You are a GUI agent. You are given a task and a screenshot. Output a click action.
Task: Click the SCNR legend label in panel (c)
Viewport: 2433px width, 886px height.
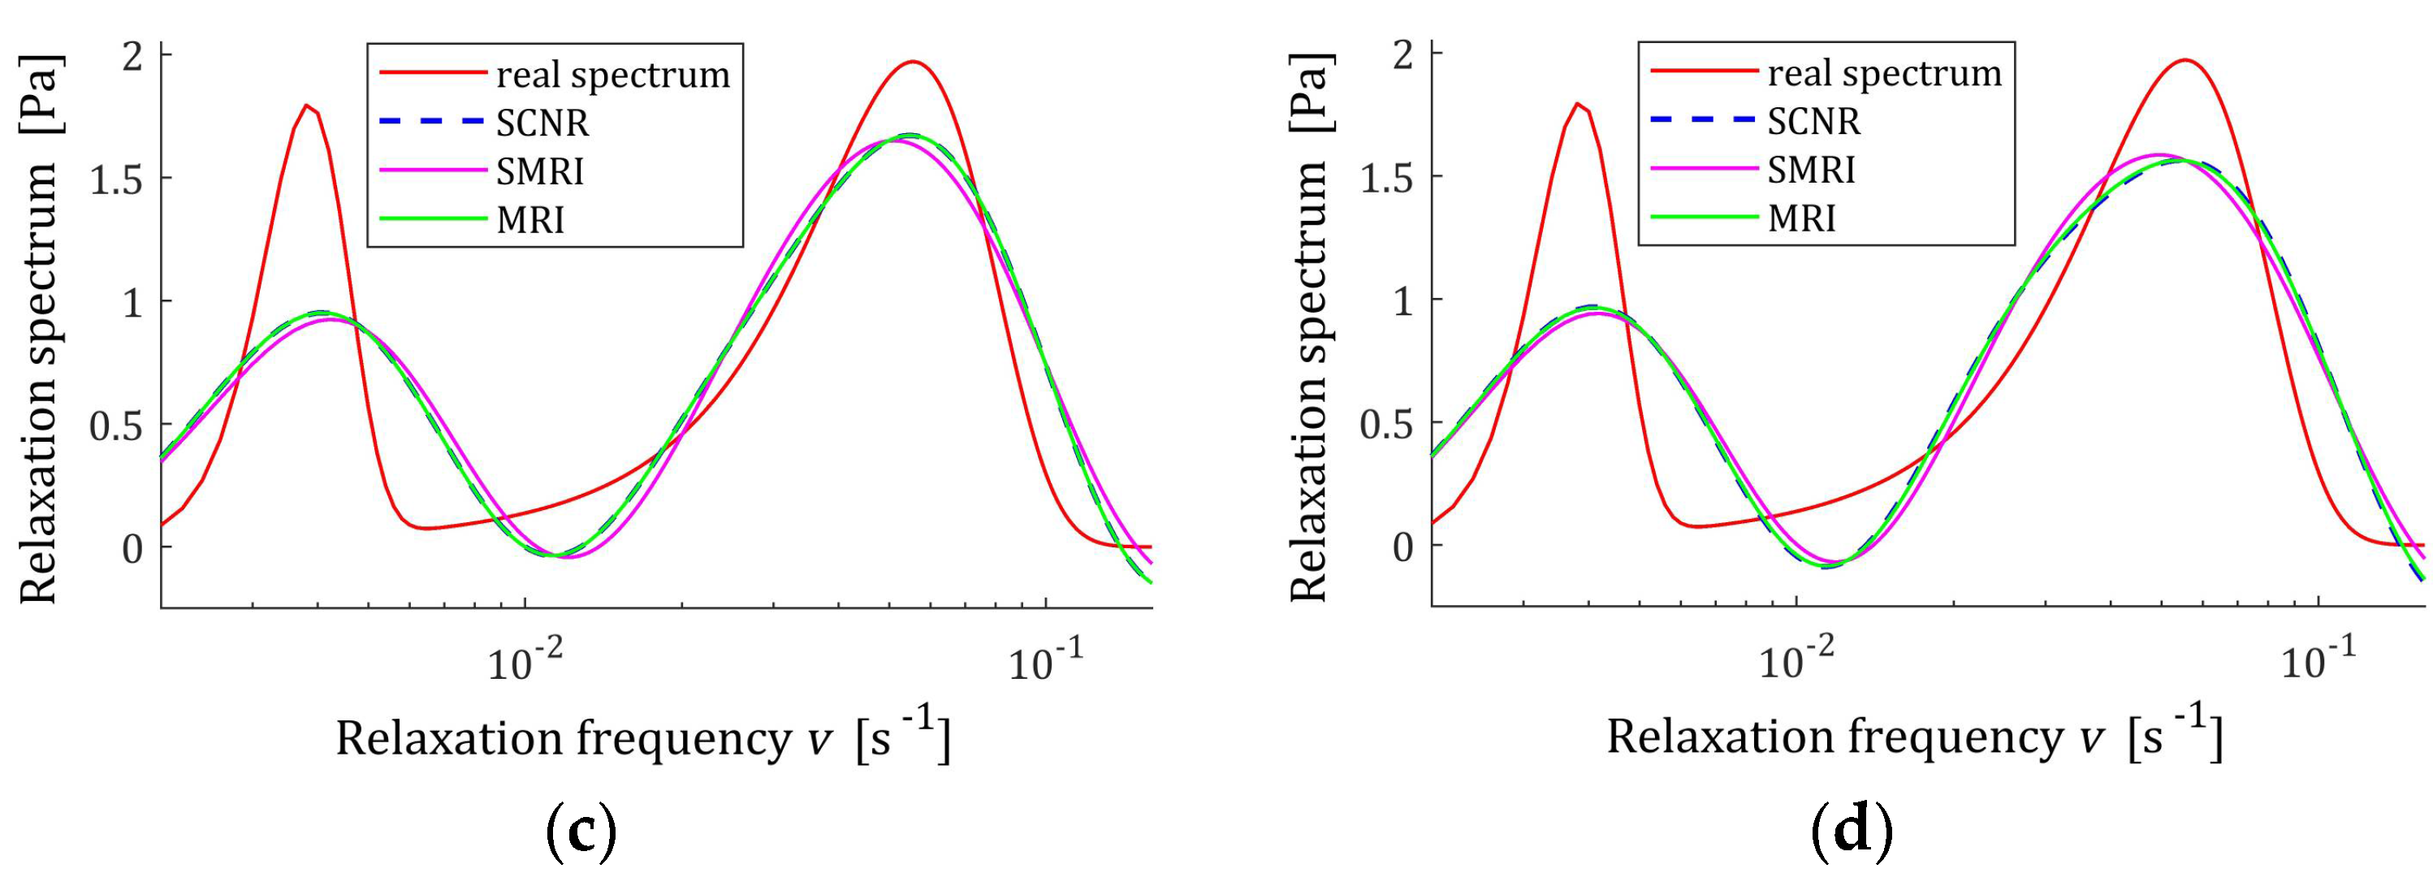(x=542, y=123)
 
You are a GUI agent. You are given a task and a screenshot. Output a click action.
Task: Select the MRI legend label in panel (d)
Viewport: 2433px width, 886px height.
(x=1801, y=218)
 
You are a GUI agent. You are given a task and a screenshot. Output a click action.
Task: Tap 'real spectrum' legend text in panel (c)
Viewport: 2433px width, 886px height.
(x=613, y=75)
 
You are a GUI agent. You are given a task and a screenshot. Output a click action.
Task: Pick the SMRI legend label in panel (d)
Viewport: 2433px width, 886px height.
(x=1812, y=170)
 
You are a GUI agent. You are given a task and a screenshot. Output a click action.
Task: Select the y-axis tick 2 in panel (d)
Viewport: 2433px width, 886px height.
(x=1403, y=54)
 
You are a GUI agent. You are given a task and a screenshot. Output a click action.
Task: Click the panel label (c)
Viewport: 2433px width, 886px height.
(x=581, y=832)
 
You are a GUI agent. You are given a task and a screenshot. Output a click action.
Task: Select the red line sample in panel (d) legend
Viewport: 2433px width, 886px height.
(x=1703, y=71)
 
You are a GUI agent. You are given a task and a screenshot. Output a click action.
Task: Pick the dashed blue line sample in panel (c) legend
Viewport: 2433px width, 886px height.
(x=432, y=122)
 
